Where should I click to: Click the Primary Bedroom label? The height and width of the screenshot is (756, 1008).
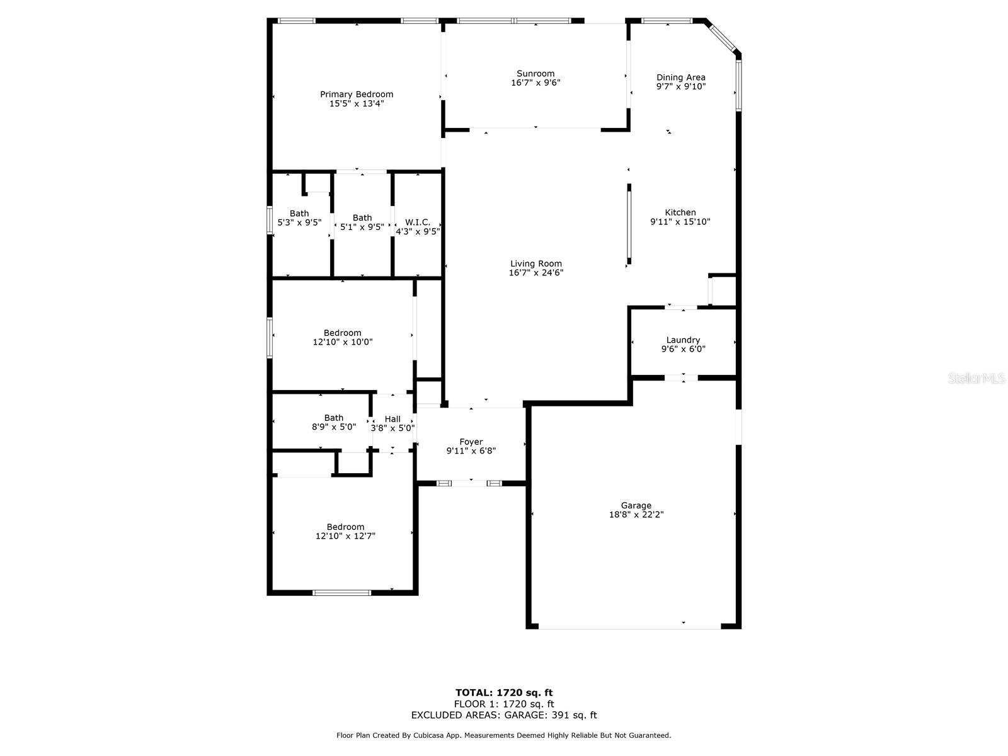357,94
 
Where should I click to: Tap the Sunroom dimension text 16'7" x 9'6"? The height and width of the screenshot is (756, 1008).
535,83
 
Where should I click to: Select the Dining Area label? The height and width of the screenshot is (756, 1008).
681,77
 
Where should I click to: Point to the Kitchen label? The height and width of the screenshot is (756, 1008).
680,212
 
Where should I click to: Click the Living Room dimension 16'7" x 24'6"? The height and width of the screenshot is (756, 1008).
535,273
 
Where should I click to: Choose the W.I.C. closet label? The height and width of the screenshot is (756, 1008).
418,222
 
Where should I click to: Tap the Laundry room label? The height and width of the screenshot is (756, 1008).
683,340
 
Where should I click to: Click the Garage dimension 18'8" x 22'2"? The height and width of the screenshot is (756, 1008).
636,514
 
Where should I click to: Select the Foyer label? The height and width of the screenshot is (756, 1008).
471,442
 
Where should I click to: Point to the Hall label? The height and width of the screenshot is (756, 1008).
392,419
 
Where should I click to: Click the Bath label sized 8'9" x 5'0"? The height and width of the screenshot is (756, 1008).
334,418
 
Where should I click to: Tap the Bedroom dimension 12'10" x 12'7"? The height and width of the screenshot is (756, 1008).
345,536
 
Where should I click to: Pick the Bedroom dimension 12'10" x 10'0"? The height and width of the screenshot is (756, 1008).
343,342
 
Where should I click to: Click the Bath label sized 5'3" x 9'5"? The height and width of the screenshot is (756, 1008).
299,213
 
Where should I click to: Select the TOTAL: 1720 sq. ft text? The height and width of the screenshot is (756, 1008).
504,692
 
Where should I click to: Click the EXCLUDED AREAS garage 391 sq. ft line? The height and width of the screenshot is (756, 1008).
504,715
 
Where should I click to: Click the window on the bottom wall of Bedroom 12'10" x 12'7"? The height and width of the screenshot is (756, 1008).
342,592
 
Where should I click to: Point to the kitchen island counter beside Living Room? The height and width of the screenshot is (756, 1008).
629,224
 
